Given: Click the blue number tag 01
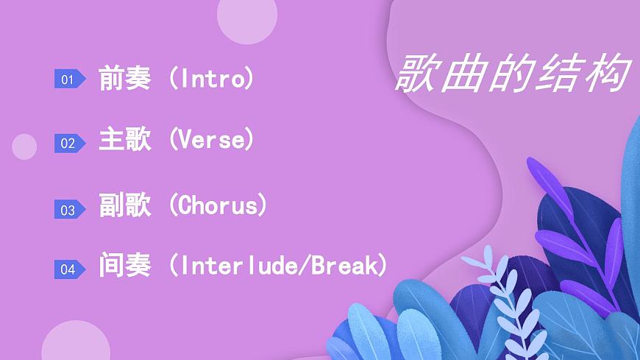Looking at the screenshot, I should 68,80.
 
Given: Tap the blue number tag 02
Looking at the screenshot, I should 68,144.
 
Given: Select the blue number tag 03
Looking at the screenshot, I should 68,211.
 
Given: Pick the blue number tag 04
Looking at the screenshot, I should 68,269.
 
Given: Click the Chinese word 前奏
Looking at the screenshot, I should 124,78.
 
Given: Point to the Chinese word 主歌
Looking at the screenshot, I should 124,139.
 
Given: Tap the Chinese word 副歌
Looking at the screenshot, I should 124,205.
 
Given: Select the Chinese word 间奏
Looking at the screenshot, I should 124,265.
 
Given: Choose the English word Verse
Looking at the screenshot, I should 212,139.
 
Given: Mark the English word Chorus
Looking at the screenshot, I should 218,205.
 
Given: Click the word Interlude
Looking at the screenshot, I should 240,265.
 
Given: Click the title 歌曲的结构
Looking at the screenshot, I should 513,73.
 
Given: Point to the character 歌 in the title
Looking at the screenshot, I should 418,73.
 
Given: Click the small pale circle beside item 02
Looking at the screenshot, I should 24,147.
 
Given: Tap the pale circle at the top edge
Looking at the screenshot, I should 247,16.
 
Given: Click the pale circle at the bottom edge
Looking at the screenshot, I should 75,345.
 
